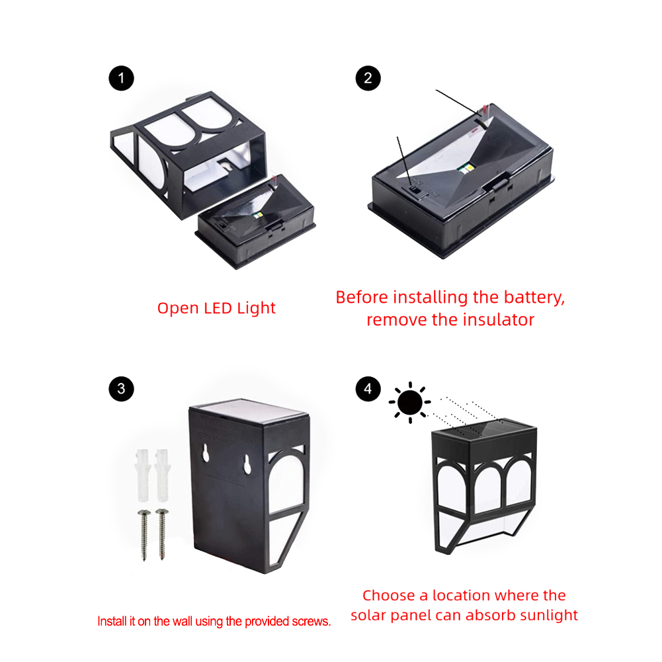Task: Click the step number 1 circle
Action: [121, 78]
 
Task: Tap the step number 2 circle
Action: [368, 78]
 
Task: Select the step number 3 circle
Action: [121, 388]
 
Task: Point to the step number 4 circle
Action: [368, 388]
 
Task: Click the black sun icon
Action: [410, 402]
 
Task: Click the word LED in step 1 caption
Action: [218, 308]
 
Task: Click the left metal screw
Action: [144, 535]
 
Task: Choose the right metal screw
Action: [162, 534]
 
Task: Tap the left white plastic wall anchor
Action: [143, 475]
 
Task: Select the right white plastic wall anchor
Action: [162, 475]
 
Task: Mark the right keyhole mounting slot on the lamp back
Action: [247, 464]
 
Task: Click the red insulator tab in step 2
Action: [485, 110]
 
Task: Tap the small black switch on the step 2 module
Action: [416, 191]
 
